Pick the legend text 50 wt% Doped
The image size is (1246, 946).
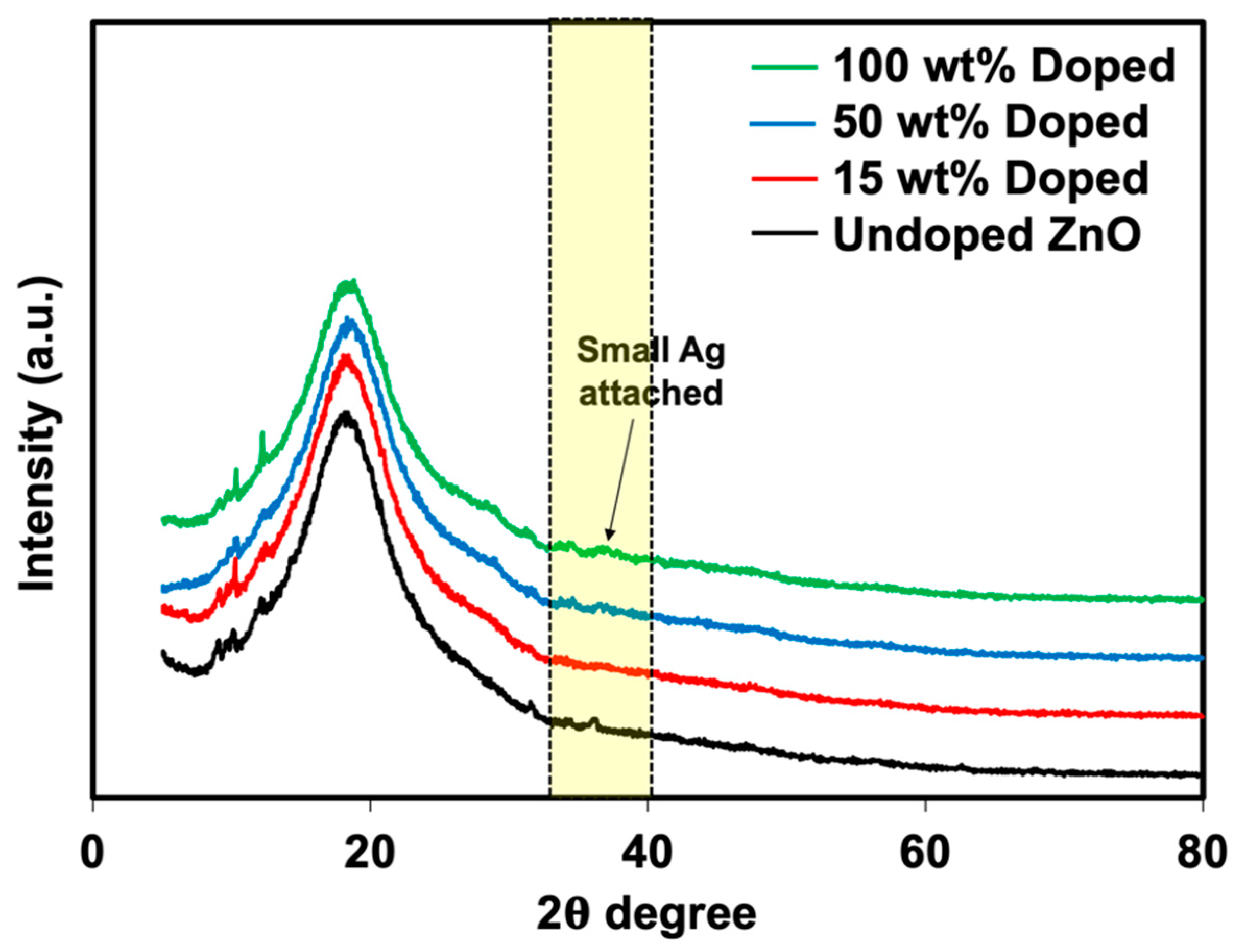pyautogui.click(x=991, y=122)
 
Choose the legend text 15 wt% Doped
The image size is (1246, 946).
pyautogui.click(x=991, y=179)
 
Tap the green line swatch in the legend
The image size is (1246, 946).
pyautogui.click(x=784, y=66)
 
